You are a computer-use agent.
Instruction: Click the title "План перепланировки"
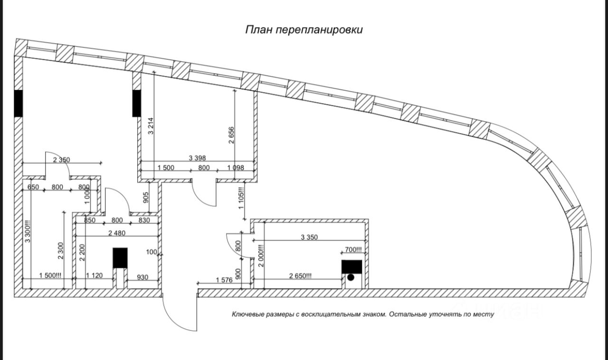[x=304, y=30]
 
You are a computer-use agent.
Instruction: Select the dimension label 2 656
[x=231, y=135]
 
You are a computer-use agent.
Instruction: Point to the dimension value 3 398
[x=197, y=158]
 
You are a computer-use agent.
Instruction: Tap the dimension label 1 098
[x=236, y=167]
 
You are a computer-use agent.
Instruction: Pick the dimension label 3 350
[x=309, y=237]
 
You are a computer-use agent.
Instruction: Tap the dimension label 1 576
[x=224, y=280]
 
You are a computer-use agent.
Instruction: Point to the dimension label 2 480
[x=117, y=232]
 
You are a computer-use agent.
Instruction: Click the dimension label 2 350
[x=61, y=160]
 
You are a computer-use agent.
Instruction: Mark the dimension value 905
[x=146, y=197]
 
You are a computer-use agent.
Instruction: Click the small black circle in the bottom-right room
[x=351, y=277]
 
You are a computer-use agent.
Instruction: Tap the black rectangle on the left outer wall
[x=18, y=104]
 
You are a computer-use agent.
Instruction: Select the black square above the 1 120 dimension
[x=120, y=258]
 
